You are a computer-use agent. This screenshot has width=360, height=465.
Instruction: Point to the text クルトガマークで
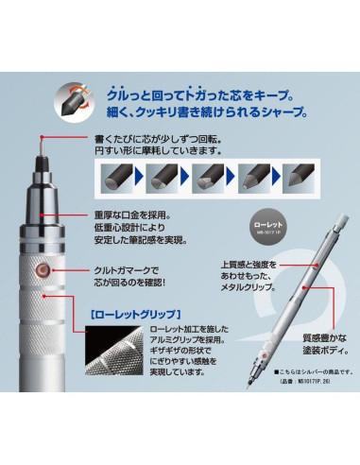(129, 269)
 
